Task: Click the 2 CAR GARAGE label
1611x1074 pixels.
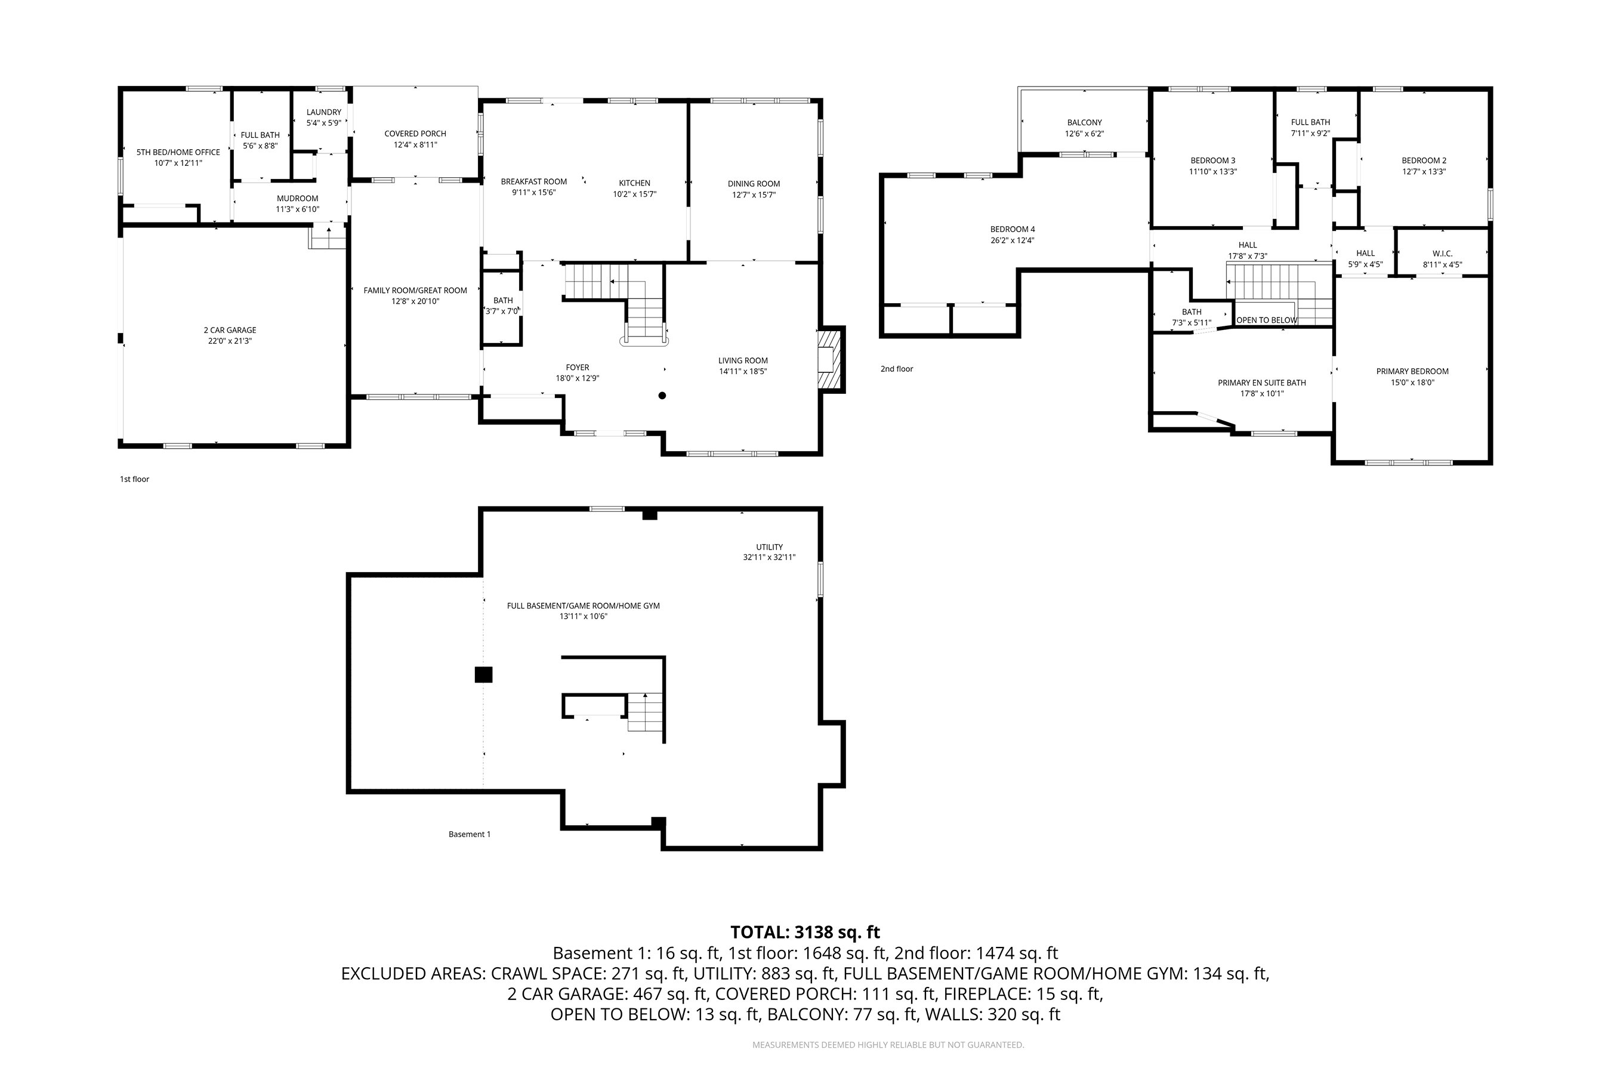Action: click(230, 330)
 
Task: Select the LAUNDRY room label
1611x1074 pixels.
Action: click(323, 112)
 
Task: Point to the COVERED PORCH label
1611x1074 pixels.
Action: click(415, 134)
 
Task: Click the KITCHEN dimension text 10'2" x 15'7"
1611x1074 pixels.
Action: click(634, 195)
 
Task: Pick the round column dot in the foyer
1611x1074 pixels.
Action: click(662, 395)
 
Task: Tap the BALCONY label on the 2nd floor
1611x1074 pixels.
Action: click(1084, 122)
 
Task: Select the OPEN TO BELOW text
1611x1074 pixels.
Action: click(1267, 320)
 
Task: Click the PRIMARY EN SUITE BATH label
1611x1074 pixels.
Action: click(1262, 383)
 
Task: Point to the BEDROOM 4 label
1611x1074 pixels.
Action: click(1013, 230)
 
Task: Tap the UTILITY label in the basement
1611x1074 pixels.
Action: click(769, 547)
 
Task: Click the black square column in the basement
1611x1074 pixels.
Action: click(483, 675)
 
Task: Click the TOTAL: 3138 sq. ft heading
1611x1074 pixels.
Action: click(805, 932)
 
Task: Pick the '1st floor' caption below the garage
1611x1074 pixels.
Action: click(134, 479)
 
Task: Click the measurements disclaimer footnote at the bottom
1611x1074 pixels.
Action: click(888, 1045)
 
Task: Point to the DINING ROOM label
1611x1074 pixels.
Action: click(754, 184)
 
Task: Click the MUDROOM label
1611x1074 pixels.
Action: click(297, 199)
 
